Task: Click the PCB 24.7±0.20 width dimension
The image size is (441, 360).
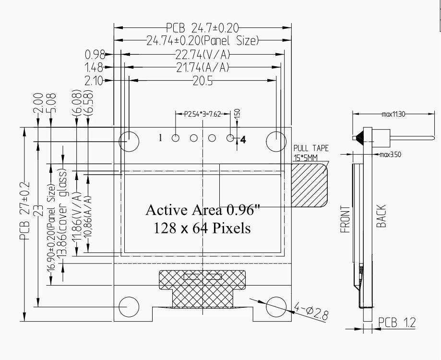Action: (x=203, y=28)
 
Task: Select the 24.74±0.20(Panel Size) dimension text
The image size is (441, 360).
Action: (x=203, y=40)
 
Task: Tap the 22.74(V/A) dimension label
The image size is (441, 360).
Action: (x=203, y=54)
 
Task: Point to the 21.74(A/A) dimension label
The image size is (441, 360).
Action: (x=203, y=68)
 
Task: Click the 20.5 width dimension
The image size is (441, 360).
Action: (x=203, y=81)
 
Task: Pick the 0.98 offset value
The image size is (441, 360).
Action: (x=95, y=54)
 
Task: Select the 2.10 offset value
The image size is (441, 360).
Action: (x=94, y=81)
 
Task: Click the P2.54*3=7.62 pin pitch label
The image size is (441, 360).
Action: (x=203, y=114)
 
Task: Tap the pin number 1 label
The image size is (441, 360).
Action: (x=161, y=138)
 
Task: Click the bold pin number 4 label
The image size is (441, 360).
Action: (x=243, y=140)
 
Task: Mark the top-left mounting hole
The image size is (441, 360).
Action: (x=129, y=141)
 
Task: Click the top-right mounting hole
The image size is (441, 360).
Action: (x=276, y=141)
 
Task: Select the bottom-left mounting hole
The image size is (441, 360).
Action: (x=129, y=306)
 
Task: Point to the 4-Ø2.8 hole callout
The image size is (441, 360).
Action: (x=310, y=312)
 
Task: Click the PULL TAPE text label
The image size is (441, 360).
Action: (x=311, y=148)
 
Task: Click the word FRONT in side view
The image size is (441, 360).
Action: (x=346, y=220)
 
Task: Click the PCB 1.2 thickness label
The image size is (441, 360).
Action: (x=396, y=322)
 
